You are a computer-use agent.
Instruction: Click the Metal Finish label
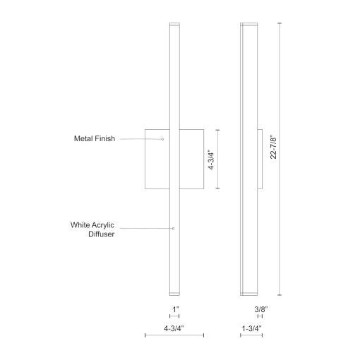(x=95, y=138)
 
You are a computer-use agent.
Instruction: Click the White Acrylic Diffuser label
(x=92, y=229)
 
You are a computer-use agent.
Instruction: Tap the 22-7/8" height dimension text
(x=274, y=147)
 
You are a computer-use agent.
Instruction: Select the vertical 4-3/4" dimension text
(x=211, y=159)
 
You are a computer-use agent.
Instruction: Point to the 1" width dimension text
(x=175, y=309)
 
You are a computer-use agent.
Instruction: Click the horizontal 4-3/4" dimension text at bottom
(x=174, y=328)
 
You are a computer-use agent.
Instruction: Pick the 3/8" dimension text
(x=261, y=309)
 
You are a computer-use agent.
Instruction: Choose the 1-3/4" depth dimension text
(x=252, y=328)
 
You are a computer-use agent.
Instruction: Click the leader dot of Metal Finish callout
(x=162, y=139)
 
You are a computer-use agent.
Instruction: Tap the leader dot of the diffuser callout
(x=174, y=228)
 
